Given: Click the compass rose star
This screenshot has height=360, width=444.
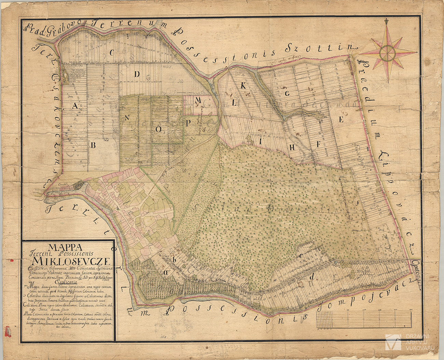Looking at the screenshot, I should coord(388,53).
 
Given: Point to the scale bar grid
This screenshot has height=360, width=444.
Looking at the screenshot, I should coord(364,319).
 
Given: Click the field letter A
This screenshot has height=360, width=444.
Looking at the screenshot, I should coord(75,106).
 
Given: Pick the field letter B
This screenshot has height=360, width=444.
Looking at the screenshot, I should coord(93,145).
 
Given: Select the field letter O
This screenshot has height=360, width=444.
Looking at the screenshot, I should coord(158,129).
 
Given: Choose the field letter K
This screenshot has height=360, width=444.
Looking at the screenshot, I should coord(244,85).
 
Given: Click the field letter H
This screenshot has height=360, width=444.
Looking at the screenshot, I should coord(292,147).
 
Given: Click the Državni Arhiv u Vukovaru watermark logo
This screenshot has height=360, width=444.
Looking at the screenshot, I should coord(393,342).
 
